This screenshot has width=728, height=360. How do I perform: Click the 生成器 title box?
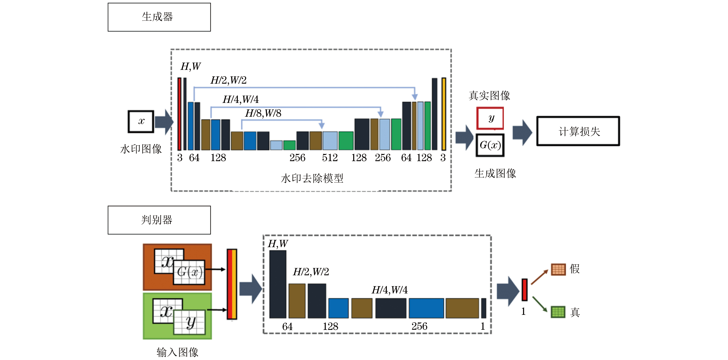point(159,17)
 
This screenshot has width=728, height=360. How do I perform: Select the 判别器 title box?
point(159,220)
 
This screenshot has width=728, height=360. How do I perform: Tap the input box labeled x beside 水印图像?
point(141,122)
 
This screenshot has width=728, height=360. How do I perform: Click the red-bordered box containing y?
point(490,118)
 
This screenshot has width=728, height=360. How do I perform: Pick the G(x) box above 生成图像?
point(490,145)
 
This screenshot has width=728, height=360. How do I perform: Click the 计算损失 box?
point(578,131)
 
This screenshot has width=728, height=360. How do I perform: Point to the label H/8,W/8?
point(263,113)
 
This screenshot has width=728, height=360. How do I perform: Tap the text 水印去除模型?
point(312,178)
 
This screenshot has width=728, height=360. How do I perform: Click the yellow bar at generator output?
point(444,114)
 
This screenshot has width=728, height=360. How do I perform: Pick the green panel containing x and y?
point(177,316)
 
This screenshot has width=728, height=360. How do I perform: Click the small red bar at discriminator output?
point(525,290)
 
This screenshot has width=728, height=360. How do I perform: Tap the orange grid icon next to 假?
point(558,269)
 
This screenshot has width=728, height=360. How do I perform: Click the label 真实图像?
point(489,96)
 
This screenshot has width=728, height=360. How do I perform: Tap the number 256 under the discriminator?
point(419,326)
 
